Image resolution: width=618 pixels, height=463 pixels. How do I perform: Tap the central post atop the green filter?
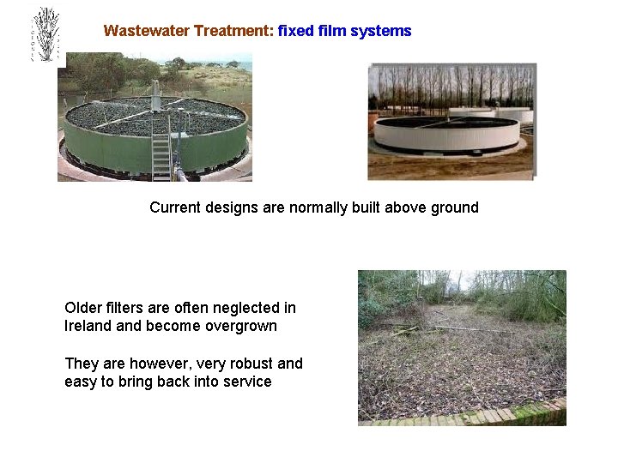pos(156,94)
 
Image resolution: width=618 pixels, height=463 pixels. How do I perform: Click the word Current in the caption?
pos(176,207)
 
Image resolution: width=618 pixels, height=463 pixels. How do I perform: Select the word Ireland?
pos(89,326)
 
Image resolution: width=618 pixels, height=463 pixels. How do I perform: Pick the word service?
pos(247,382)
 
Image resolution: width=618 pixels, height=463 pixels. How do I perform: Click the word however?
pos(154,364)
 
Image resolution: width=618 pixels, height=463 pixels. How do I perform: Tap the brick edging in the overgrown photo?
pos(463,418)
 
